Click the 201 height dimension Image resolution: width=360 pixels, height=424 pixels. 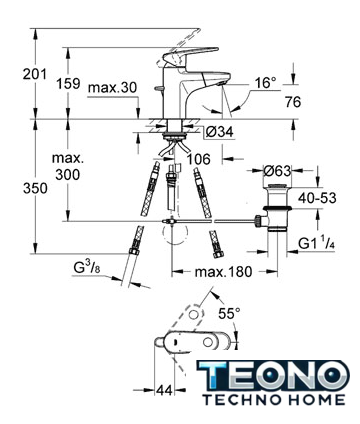pos(35,74)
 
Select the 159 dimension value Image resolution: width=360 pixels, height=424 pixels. pos(68,84)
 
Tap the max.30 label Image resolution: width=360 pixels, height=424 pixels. pos(113,88)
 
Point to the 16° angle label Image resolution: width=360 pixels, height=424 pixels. pos(266,83)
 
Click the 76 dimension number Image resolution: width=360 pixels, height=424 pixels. pos(293,102)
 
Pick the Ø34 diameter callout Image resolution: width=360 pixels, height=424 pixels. pos(219,132)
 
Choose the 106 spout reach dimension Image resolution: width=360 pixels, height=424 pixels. pos(198,159)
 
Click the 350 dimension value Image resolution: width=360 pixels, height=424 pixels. pos(35,189)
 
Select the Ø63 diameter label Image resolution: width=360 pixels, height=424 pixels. pos(277,171)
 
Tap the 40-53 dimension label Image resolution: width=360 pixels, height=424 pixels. pos(317,198)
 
